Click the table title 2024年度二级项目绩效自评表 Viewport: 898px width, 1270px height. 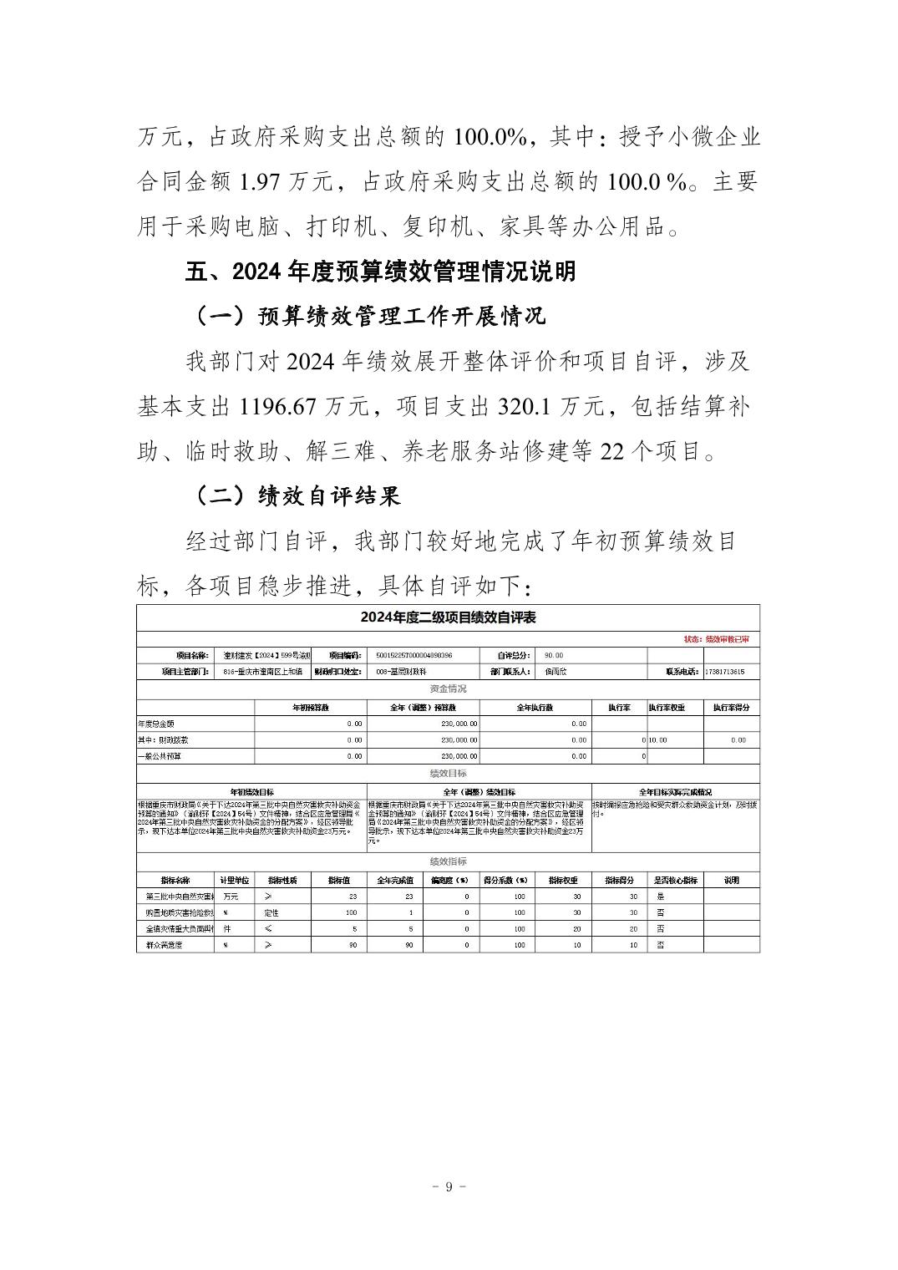pos(448,617)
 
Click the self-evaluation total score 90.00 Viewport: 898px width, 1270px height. pos(554,656)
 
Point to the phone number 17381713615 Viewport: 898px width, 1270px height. pos(724,672)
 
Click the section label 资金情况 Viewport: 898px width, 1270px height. pos(448,689)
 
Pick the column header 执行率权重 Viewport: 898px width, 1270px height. pos(667,708)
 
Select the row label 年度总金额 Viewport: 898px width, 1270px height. pos(156,724)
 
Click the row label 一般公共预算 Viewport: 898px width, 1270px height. pos(160,756)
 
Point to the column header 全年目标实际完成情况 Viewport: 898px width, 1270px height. pos(675,792)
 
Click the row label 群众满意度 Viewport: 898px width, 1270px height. pos(164,945)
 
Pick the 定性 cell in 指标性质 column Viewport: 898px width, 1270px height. pos(271,912)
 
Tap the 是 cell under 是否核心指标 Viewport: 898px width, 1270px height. pos(661,897)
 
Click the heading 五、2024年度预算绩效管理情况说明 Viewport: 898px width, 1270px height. pos(380,272)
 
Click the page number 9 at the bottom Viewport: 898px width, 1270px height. pos(449,1187)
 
